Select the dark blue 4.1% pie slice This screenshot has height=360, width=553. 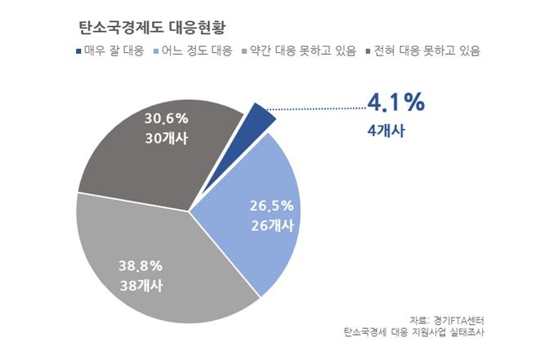click(261, 118)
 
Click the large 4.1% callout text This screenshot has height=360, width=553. click(395, 103)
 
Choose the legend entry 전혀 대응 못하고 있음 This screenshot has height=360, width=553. click(426, 51)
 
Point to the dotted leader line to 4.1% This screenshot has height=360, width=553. click(319, 106)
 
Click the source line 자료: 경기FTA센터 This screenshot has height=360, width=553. click(453, 318)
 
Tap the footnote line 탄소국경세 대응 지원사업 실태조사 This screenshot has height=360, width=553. click(420, 331)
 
